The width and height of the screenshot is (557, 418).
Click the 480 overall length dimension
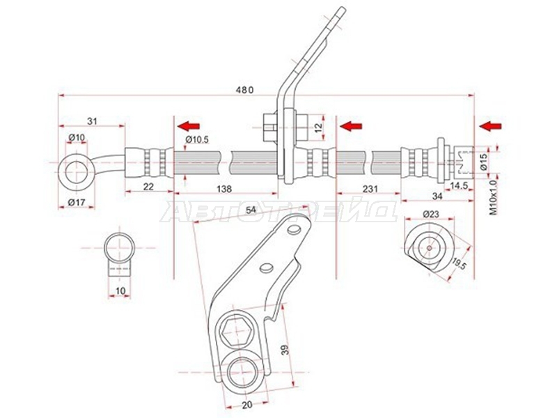click(x=245, y=90)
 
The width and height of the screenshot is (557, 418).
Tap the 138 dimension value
click(x=223, y=189)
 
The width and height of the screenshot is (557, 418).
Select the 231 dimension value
click(x=370, y=189)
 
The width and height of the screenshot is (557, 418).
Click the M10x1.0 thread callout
click(x=493, y=197)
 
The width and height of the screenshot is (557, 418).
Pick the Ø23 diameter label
click(x=431, y=214)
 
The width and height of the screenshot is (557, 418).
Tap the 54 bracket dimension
click(x=251, y=210)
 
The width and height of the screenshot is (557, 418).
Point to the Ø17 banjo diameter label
click(x=77, y=202)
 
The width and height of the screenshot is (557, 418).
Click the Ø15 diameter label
click(x=493, y=162)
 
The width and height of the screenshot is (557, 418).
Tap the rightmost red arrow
click(x=490, y=125)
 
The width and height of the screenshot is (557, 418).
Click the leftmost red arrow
click(x=189, y=125)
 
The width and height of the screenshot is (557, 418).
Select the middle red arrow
click(x=351, y=125)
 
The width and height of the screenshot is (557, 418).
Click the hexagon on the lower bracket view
click(x=236, y=328)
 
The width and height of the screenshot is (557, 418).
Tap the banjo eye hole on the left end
click(x=76, y=171)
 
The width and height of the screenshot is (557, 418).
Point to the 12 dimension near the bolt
click(x=318, y=126)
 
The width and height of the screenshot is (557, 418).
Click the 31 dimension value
click(x=92, y=121)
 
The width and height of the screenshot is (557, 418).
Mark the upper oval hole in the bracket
click(x=294, y=230)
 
